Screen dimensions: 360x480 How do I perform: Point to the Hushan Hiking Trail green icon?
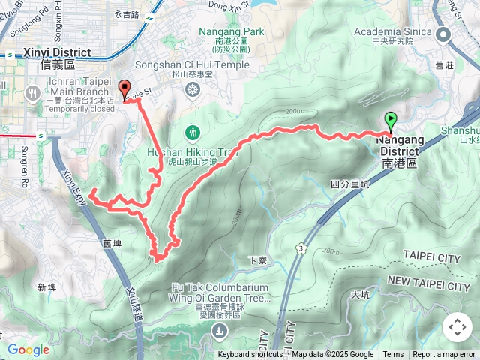click(193, 133)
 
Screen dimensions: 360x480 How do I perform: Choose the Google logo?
click(28, 349)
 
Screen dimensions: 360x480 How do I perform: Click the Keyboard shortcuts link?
click(250, 355)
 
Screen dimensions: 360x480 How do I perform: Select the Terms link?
click(393, 355)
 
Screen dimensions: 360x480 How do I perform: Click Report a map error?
click(444, 355)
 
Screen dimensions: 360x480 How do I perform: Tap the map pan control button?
click(457, 327)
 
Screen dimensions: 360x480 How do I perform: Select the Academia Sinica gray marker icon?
click(443, 34)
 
